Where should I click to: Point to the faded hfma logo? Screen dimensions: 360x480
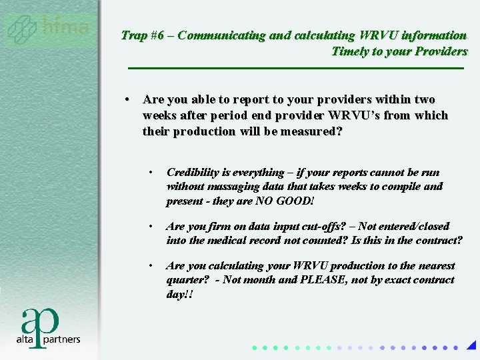pos(48,29)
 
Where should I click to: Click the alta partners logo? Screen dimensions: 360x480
pos(48,327)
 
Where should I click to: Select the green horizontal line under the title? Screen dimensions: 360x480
pos(295,68)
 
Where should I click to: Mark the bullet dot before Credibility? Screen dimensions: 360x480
pos(152,173)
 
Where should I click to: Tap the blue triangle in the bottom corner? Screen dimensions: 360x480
pos(471,346)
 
